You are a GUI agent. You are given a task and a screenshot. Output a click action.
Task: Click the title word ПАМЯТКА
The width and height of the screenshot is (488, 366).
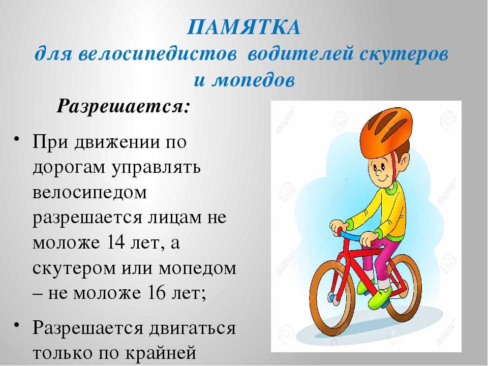click(x=244, y=27)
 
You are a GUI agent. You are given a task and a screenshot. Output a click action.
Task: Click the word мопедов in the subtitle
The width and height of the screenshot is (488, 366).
click(x=253, y=81)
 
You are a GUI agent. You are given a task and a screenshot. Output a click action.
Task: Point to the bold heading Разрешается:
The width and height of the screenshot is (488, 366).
click(x=123, y=107)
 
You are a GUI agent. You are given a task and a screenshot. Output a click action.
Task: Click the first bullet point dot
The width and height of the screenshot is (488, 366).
click(x=17, y=138)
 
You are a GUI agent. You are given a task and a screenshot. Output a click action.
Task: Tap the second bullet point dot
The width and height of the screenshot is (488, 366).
click(x=17, y=324)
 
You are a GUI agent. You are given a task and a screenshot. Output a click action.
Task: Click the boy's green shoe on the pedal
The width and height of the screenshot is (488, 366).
click(x=380, y=297)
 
